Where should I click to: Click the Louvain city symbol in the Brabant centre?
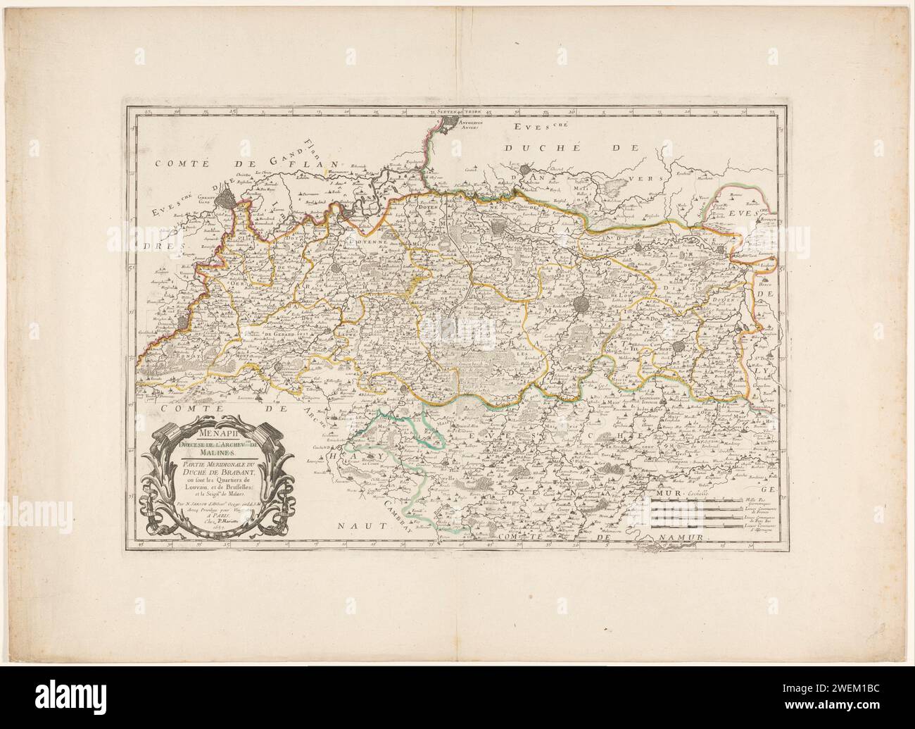click(x=582, y=304)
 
